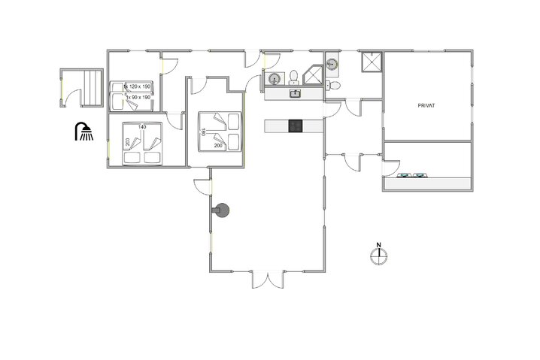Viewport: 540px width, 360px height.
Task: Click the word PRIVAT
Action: (x=426, y=107)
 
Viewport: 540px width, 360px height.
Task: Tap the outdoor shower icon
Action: (x=83, y=132)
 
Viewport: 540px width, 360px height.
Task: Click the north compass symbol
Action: (x=379, y=256)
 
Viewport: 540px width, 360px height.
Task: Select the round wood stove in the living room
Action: (x=223, y=211)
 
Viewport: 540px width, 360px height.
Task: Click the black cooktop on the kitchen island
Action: (x=296, y=126)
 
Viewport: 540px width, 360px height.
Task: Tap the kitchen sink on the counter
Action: (x=296, y=93)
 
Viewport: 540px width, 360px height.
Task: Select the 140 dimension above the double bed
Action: (x=141, y=128)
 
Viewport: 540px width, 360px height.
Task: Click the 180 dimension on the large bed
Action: (x=203, y=132)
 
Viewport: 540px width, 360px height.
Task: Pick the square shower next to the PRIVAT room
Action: (x=372, y=65)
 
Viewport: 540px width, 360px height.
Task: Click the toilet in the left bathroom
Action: (x=293, y=75)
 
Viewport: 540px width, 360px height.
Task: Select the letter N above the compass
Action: (x=379, y=244)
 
